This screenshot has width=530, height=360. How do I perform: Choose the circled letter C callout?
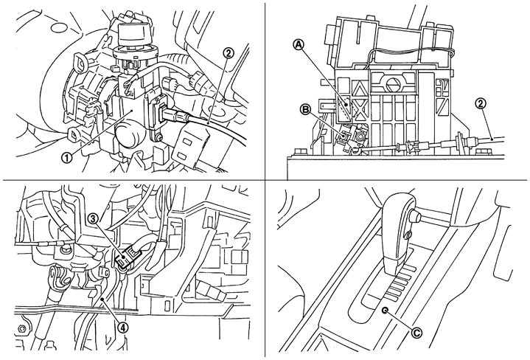(416, 333)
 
